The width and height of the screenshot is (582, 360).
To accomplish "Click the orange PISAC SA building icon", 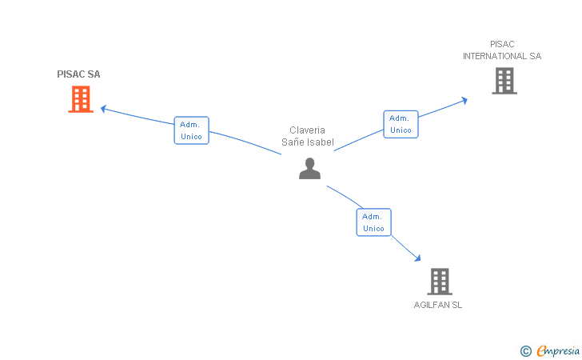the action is tap(81, 99).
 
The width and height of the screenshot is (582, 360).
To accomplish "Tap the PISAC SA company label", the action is tap(78, 74).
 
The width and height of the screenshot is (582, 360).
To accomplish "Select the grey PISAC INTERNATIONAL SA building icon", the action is tap(504, 81).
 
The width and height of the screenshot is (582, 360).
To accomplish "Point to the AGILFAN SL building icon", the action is tap(440, 282).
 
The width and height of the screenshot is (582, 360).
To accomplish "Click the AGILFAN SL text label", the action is tap(438, 305).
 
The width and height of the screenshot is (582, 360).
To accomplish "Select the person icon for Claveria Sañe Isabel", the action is tap(309, 169).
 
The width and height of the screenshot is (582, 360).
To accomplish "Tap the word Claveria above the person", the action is tap(307, 130).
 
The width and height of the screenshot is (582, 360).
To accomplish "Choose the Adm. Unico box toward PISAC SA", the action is tap(192, 130).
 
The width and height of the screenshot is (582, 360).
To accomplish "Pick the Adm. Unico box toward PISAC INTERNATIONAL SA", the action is tap(401, 124).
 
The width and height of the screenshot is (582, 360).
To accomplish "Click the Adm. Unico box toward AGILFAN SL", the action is tap(374, 222).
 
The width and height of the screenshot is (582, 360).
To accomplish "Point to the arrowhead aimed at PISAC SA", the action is tap(104, 109).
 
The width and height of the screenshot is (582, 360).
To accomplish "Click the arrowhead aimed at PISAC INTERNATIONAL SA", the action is tap(464, 100).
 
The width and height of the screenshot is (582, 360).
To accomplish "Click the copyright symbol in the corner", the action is tap(526, 351).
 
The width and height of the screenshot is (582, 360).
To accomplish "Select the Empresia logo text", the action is tap(558, 351).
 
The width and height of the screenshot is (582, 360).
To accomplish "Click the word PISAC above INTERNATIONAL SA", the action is tap(502, 44).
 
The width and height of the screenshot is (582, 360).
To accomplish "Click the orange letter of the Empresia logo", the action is tap(541, 350).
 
